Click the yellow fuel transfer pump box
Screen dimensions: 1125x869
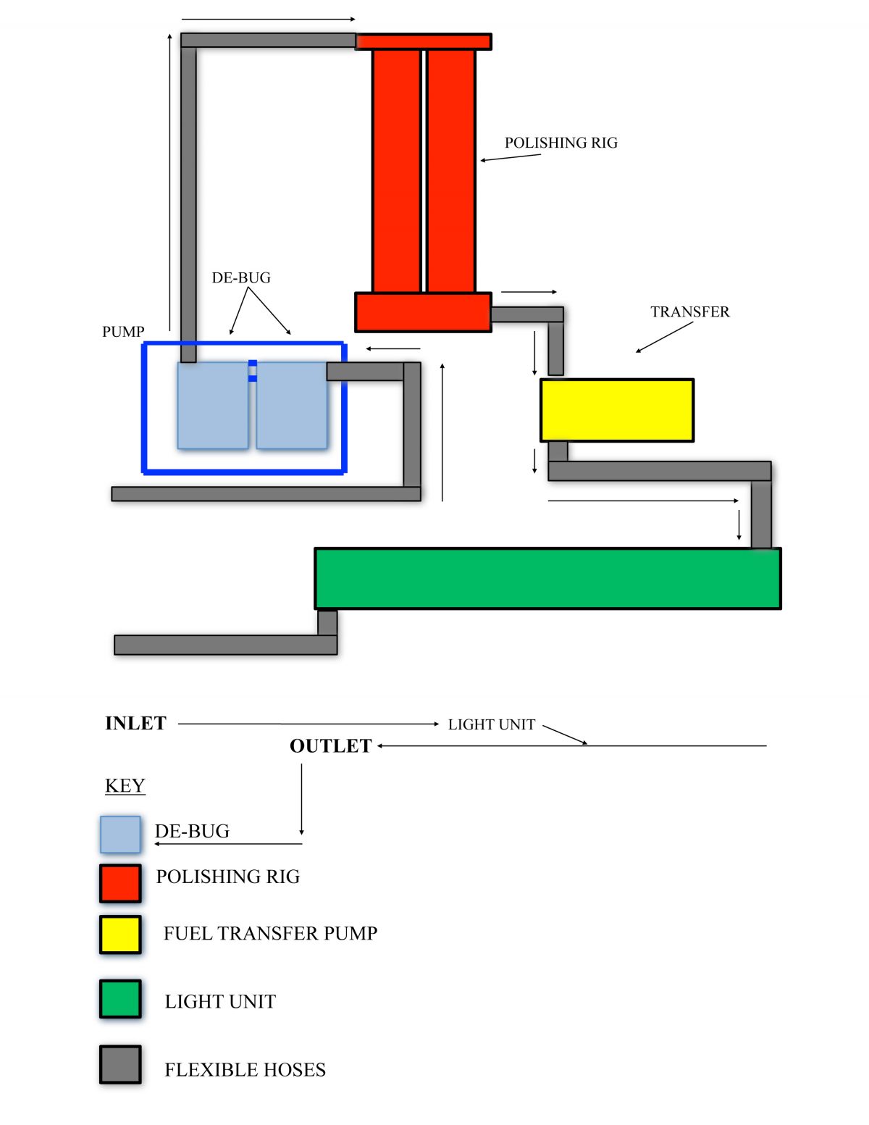(616, 410)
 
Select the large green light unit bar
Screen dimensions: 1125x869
(547, 578)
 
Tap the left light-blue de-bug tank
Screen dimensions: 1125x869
(213, 406)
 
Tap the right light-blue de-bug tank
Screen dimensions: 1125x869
(291, 406)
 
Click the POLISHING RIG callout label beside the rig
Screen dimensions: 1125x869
(561, 143)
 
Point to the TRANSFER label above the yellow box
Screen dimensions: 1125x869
(689, 311)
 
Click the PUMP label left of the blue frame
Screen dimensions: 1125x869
(123, 332)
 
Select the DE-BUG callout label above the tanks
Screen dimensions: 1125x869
(241, 277)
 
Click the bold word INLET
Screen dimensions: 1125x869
(135, 723)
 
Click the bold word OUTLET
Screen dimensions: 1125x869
(330, 746)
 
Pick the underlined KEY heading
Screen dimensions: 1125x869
(125, 785)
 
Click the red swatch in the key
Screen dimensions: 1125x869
(120, 883)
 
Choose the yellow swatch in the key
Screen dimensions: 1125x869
(120, 934)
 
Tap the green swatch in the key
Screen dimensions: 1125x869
(120, 1000)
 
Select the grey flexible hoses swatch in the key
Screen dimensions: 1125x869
(120, 1064)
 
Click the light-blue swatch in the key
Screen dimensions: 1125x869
(120, 834)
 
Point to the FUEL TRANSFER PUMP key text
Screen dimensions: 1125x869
(270, 933)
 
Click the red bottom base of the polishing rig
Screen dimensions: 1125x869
(423, 312)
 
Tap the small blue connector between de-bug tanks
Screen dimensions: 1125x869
(252, 370)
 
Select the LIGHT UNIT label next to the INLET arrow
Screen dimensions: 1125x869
(491, 724)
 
